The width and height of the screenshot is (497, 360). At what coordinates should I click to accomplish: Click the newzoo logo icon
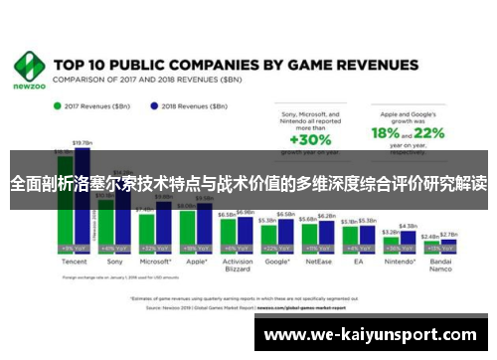click(29, 66)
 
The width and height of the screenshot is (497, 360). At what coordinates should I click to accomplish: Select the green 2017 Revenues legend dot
click(57, 104)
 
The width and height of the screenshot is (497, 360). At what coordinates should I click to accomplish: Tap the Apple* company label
click(197, 264)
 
